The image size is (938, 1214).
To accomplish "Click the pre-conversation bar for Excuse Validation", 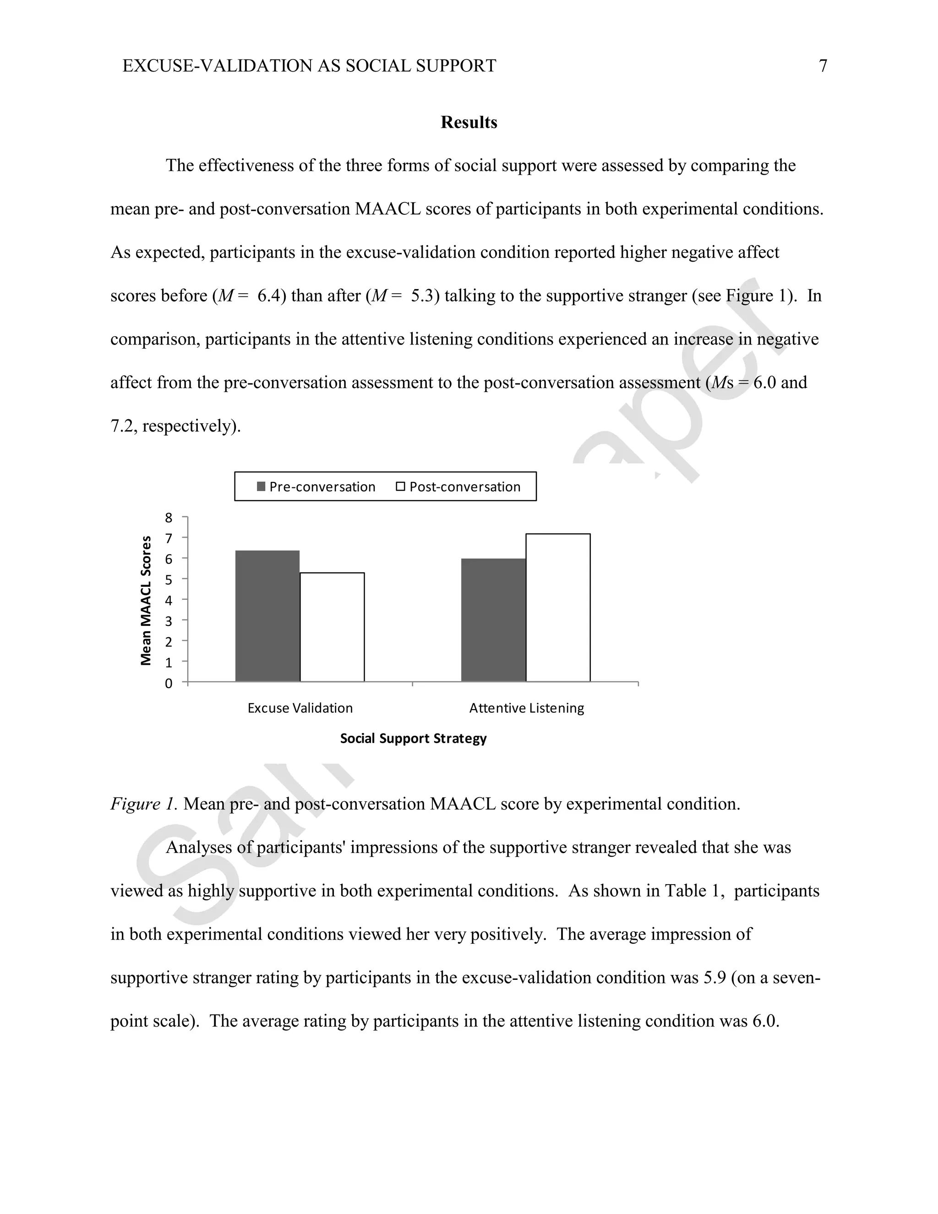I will click(267, 616).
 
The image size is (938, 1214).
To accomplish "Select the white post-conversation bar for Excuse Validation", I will click(333, 627).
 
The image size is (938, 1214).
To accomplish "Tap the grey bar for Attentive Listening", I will click(493, 620).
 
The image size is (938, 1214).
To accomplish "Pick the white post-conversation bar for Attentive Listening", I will click(558, 607).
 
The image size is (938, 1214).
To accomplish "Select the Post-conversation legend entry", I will click(458, 487).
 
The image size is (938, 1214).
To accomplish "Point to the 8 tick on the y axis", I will click(169, 518).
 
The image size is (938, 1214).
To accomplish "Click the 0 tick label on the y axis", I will click(169, 684).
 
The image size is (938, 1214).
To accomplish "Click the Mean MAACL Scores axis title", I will click(146, 600).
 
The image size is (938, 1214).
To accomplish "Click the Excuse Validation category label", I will click(300, 708).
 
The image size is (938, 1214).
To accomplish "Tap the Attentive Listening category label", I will click(526, 708).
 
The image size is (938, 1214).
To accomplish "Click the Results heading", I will click(469, 122).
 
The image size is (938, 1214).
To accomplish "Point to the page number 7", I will click(823, 66).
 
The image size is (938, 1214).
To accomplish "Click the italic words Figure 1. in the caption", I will click(144, 804).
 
